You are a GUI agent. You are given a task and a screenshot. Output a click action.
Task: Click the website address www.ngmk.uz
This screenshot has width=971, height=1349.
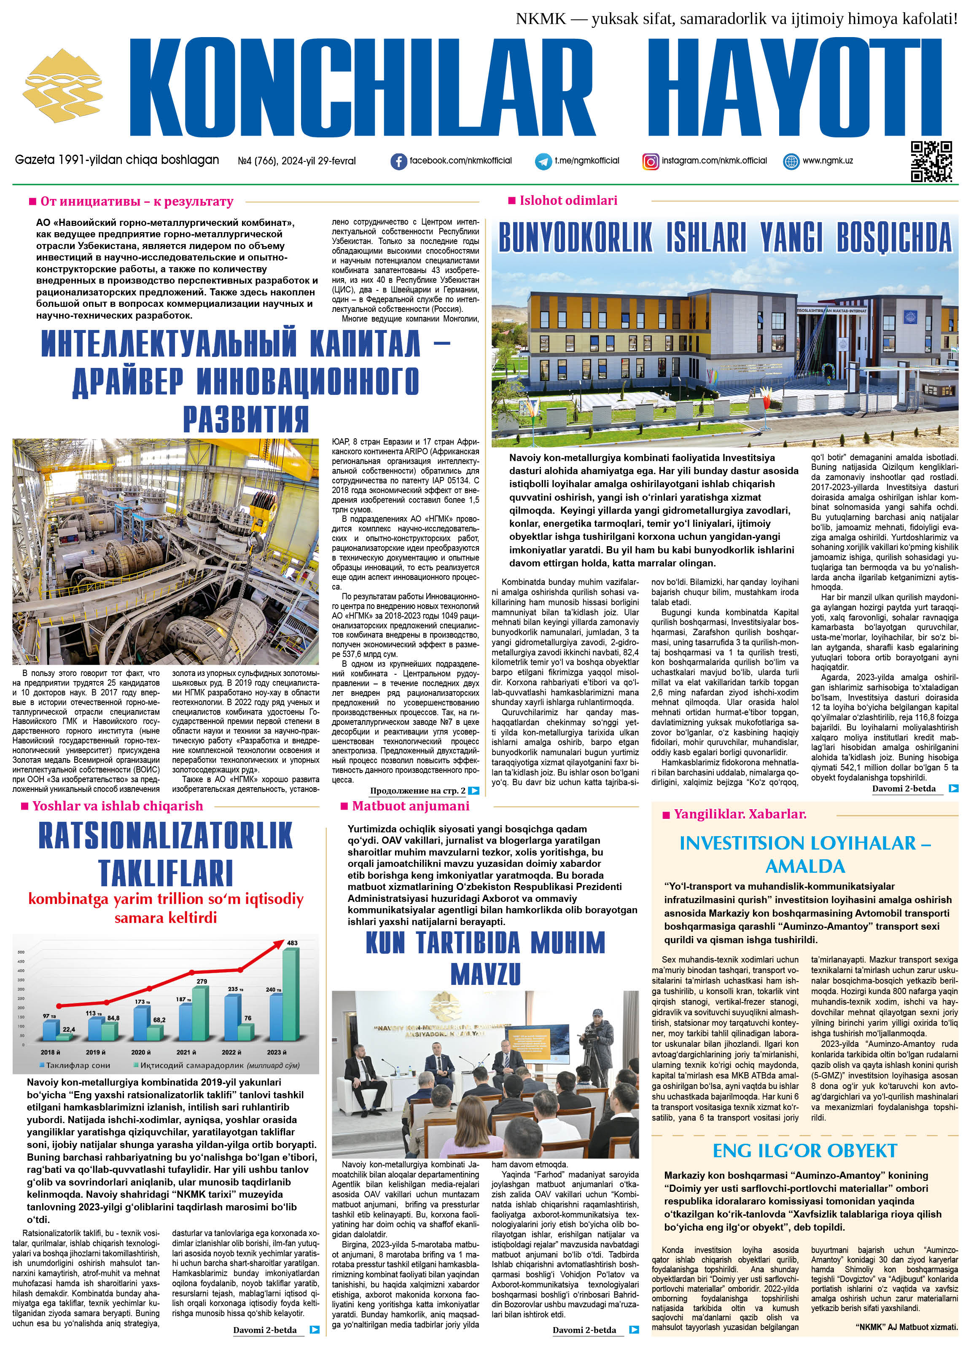pyautogui.click(x=828, y=161)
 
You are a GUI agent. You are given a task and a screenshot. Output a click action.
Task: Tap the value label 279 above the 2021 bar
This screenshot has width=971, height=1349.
pyautogui.click(x=202, y=981)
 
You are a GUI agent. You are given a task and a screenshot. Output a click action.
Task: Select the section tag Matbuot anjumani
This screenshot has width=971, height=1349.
pyautogui.click(x=410, y=806)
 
